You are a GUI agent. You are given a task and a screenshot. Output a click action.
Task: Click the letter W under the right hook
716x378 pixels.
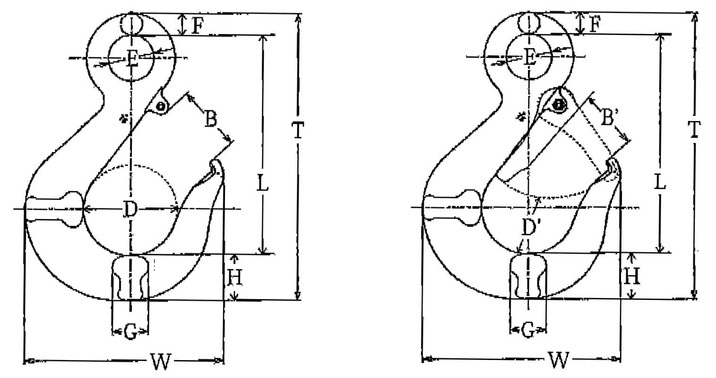[x=559, y=360]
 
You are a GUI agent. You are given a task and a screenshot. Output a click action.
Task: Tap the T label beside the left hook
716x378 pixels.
[x=298, y=130]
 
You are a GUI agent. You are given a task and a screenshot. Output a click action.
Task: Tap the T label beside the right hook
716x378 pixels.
[x=694, y=129]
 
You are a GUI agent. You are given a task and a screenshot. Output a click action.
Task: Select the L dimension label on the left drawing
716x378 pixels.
[x=263, y=183]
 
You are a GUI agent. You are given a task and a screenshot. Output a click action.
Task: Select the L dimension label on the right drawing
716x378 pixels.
[x=660, y=181]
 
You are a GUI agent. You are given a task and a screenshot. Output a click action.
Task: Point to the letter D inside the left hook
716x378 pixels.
[x=130, y=210]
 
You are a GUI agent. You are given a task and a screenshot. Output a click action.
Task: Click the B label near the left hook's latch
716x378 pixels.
[x=211, y=119]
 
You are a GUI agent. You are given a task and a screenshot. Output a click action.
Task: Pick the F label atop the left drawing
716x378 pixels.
[x=198, y=26]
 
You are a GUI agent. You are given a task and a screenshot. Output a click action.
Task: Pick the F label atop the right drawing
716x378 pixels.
[x=595, y=24]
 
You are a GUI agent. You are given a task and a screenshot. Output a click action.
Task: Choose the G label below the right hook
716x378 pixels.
[x=528, y=330]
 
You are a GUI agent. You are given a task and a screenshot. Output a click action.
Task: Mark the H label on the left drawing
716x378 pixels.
[x=234, y=277]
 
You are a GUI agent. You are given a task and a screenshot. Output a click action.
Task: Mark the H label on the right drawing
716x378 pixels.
[x=632, y=276]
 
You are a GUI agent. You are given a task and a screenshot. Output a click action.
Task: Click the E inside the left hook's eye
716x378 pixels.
[x=132, y=59]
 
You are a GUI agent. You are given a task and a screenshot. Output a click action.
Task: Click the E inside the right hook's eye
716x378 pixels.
[x=530, y=58]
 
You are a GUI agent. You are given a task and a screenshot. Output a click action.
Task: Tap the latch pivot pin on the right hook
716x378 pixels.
[x=559, y=105]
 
